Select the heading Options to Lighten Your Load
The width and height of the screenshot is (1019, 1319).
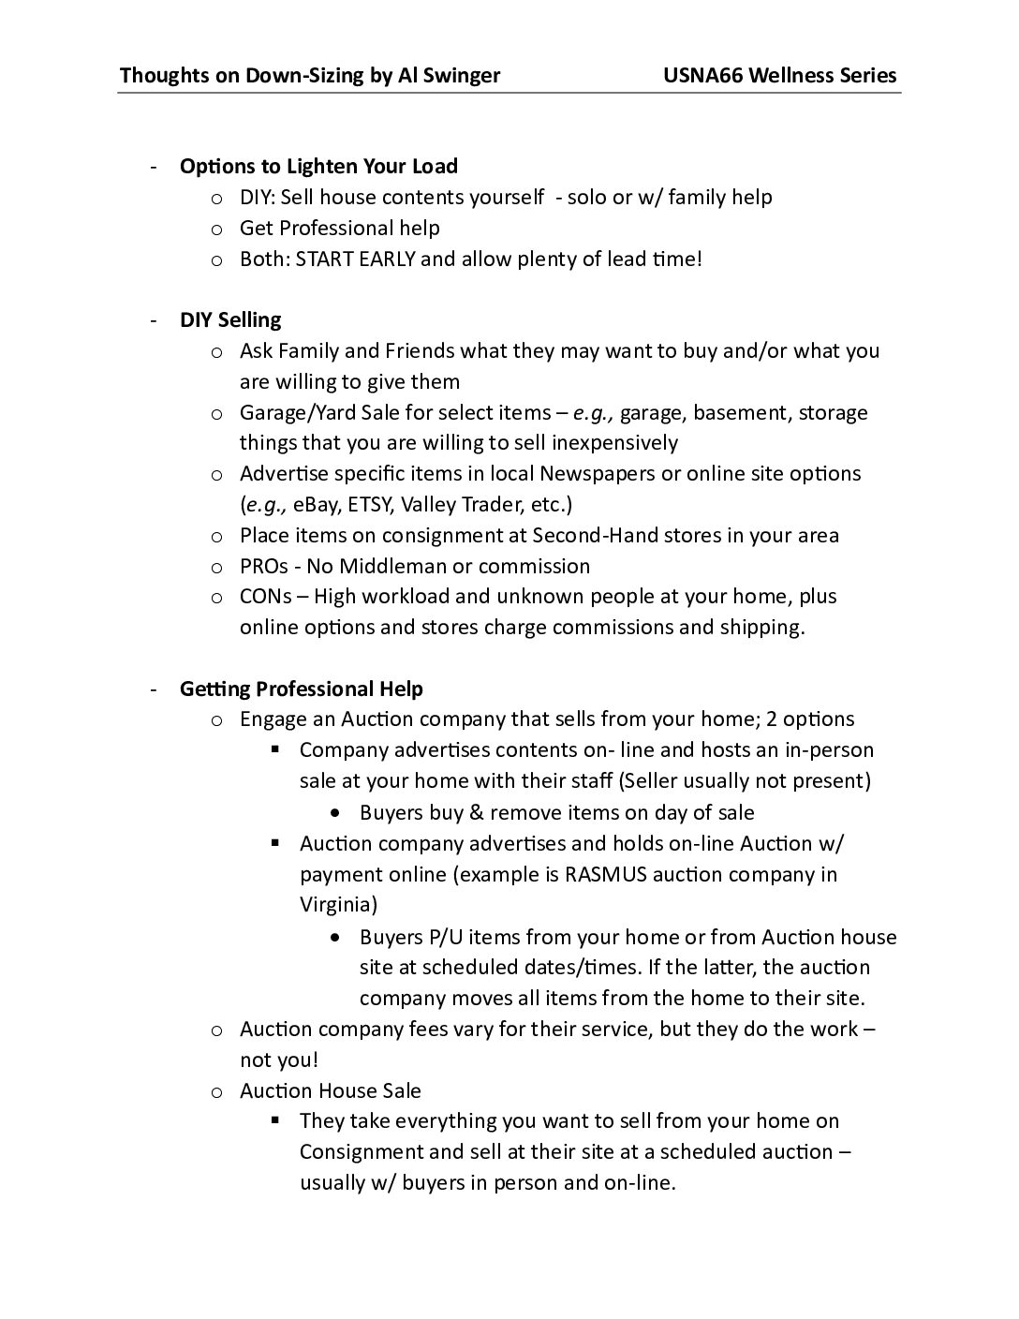[x=318, y=167]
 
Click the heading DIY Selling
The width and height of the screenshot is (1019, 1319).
[x=230, y=320]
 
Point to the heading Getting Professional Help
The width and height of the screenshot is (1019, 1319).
[x=302, y=689]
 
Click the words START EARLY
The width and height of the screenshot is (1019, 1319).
[x=355, y=259]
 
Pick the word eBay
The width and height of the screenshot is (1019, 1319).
[x=318, y=505]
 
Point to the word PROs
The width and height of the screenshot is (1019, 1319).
[x=263, y=567]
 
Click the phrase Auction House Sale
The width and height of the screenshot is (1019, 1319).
[x=331, y=1091]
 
